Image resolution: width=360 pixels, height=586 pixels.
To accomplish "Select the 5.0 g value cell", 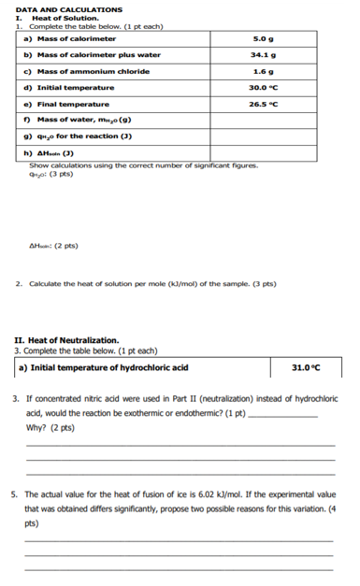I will point(262,39).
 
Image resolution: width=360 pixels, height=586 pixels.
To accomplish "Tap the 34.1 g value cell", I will point(262,55).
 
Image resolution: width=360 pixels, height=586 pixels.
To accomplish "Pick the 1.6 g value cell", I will point(262,71).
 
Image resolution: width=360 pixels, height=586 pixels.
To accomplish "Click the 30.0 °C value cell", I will point(262,87).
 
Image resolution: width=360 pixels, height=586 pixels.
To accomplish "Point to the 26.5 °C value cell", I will point(262,104).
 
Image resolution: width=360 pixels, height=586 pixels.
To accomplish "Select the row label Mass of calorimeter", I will point(70,39).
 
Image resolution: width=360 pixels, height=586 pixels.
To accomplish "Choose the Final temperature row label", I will point(65,104).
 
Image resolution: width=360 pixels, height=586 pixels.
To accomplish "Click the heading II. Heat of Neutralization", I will point(67,339).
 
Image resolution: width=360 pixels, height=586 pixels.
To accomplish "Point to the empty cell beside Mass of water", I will point(262,121).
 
